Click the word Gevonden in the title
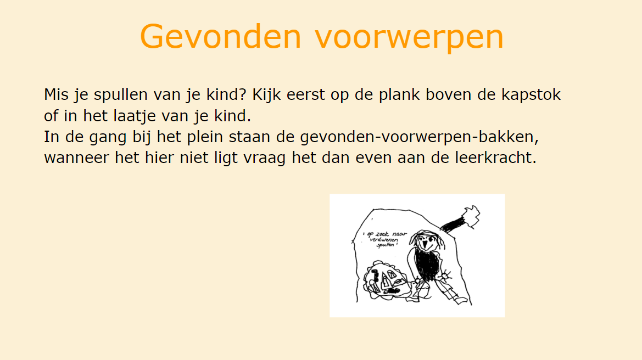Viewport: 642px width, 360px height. tap(221, 36)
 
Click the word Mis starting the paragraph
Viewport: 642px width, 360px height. tap(56, 94)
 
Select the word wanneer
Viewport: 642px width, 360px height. tap(76, 158)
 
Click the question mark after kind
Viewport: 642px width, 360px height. tap(243, 94)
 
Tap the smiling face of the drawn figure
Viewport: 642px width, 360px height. tap(427, 241)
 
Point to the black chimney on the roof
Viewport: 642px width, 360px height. tap(454, 224)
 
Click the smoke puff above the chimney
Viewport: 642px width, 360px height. tap(471, 216)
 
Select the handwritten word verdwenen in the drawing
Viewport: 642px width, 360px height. tap(384, 240)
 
